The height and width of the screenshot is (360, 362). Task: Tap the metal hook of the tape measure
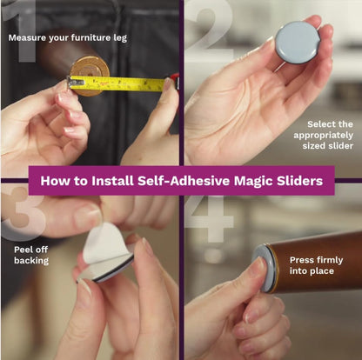[x=74, y=83]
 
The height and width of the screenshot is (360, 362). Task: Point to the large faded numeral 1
[x=23, y=31]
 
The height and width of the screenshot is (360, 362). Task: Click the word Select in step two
[x=320, y=124]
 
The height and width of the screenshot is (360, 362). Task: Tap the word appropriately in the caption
[x=323, y=136]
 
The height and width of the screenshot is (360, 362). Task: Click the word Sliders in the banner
[x=299, y=181]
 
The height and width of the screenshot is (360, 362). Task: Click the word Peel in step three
[x=23, y=250]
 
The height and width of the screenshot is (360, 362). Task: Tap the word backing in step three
[x=31, y=261]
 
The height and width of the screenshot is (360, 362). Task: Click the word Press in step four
[x=301, y=260]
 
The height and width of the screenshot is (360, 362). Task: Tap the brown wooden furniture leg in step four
[x=316, y=263]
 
